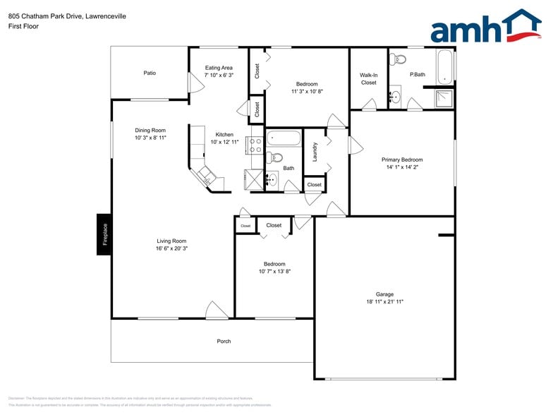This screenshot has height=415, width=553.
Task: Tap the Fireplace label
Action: (104, 234)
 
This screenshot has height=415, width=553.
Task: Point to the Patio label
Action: (150, 73)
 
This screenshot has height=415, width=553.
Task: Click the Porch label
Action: (224, 342)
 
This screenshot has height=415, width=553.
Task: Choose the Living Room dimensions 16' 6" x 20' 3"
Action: (172, 248)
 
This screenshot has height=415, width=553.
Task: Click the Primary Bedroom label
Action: (402, 160)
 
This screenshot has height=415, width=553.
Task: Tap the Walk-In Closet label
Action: (369, 78)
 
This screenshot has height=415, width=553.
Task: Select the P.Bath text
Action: (418, 74)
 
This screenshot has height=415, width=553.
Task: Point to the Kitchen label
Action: (224, 134)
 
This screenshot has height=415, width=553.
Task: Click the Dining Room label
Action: (150, 130)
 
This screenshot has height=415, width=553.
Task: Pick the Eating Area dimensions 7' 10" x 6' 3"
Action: (219, 75)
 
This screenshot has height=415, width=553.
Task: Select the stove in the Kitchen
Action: (255, 145)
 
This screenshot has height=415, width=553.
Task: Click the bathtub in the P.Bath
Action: (445, 67)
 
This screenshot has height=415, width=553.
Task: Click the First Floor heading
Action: (24, 26)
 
